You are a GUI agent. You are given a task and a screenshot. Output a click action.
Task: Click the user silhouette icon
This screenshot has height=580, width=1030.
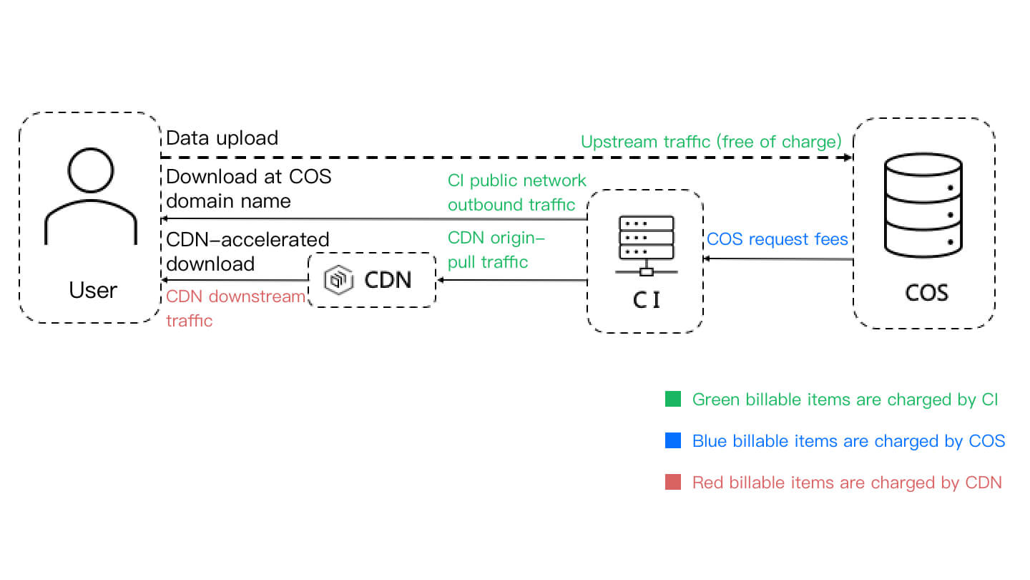pos(91,198)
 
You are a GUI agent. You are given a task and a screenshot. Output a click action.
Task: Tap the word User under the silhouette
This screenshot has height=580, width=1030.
pos(93,290)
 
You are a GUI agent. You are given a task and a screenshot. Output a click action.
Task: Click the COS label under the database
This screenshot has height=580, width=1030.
pos(927,293)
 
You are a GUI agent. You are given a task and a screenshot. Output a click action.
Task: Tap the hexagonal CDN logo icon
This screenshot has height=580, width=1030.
pos(338,280)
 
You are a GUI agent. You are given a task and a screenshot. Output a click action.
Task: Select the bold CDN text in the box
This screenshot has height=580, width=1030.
pos(388,280)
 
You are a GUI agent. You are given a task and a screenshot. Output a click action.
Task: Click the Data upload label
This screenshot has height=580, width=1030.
pos(222,138)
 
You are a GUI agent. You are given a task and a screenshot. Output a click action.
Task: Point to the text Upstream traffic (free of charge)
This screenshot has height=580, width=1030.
pos(710,142)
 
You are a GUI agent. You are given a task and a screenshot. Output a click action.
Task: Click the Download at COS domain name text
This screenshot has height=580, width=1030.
pos(248,188)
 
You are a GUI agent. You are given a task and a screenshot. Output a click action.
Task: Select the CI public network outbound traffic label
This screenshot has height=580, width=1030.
pos(516,192)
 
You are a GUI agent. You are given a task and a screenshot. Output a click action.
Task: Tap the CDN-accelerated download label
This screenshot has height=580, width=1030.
pos(247,251)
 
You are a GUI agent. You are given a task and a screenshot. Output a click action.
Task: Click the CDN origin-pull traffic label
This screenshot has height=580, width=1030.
pos(496,249)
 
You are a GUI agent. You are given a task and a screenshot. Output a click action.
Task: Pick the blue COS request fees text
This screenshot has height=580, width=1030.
pos(778,239)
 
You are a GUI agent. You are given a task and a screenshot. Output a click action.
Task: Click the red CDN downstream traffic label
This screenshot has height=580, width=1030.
pos(235,308)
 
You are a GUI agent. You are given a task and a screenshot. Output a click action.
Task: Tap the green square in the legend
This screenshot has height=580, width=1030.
pos(672,400)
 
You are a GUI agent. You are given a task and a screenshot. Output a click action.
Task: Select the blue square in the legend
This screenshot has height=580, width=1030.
pos(672,441)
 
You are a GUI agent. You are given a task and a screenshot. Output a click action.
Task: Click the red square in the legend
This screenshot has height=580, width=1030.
pos(672,483)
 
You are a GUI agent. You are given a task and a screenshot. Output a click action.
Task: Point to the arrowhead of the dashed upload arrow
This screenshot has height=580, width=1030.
pos(848,157)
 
